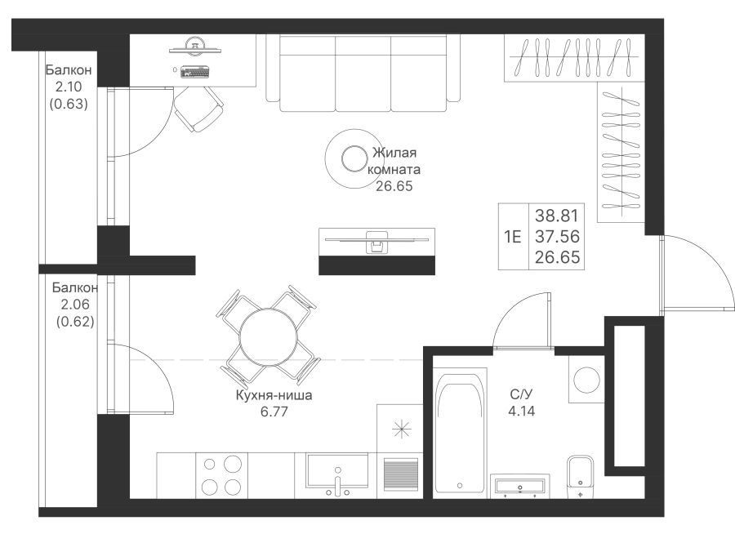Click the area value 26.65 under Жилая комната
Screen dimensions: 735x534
394,186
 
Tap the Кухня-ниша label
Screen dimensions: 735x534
274,395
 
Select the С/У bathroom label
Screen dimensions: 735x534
521,394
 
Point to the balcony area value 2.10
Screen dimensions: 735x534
69,87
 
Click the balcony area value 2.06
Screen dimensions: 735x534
75,305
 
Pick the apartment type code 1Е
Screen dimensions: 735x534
513,237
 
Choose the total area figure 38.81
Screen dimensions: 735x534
557,216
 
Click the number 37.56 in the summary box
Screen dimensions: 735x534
557,236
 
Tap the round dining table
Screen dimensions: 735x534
268,337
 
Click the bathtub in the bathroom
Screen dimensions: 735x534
459,430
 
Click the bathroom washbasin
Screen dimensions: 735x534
520,486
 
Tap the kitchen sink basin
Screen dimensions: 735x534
337,470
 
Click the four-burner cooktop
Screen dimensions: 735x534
221,476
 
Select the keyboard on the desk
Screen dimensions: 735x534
194,72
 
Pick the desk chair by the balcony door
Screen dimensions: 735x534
198,109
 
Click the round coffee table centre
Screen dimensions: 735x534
354,159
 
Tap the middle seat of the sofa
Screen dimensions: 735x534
363,73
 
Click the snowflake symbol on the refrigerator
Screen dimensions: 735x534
402,429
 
